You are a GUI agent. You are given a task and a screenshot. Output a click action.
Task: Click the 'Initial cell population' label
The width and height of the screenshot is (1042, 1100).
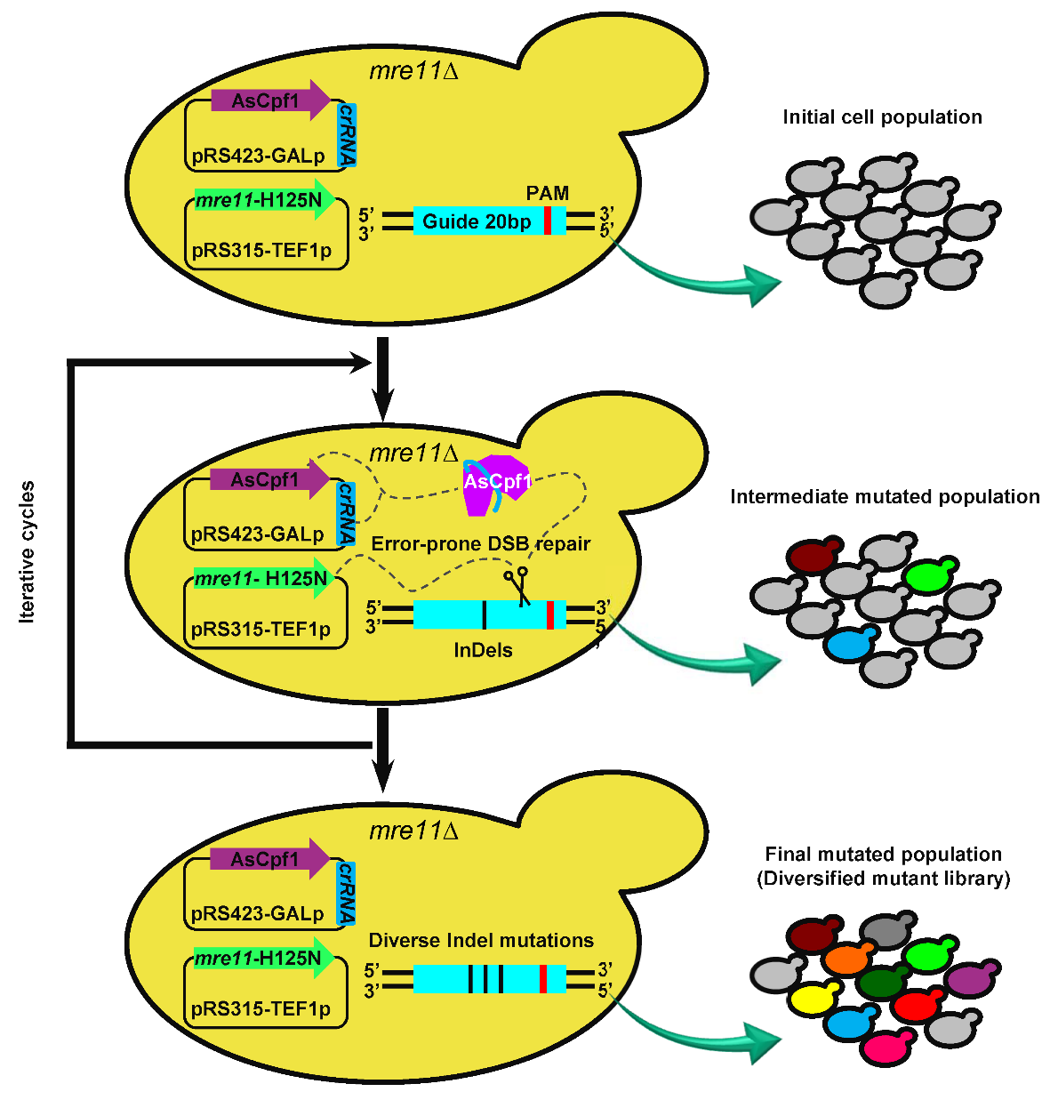[x=882, y=117]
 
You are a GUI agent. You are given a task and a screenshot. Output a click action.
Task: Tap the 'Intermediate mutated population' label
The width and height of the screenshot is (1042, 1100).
[x=885, y=497]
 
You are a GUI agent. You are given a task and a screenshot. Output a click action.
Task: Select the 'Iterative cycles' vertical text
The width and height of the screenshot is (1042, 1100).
[x=28, y=551]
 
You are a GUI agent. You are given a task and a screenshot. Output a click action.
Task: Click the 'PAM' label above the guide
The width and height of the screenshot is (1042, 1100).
[x=548, y=193]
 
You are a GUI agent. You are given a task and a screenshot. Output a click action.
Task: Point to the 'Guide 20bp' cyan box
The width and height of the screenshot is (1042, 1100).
[x=477, y=221]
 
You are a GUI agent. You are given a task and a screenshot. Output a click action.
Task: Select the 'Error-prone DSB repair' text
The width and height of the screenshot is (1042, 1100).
[x=480, y=544]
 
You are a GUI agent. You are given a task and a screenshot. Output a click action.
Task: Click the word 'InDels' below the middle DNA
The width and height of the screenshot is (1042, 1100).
[x=483, y=651]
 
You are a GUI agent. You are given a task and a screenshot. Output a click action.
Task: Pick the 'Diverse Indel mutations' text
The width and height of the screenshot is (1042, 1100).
[x=481, y=941]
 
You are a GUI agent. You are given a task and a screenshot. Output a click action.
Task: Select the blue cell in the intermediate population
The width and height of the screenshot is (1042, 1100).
[x=848, y=644]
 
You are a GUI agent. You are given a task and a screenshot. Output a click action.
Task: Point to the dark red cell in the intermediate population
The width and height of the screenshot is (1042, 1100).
[x=811, y=557]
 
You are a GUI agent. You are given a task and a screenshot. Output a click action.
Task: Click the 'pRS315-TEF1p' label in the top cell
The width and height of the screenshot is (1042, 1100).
[x=261, y=251]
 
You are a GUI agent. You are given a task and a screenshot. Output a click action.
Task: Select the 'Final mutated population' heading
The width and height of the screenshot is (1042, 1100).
[x=883, y=855]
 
